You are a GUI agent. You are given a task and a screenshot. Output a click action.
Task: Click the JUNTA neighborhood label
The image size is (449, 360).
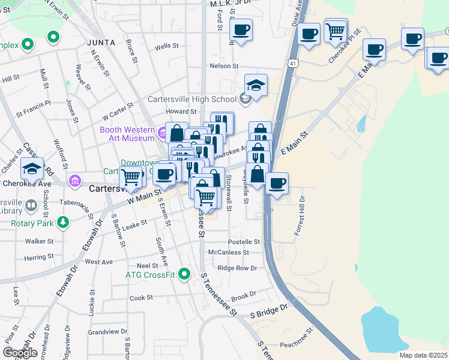point(100,43)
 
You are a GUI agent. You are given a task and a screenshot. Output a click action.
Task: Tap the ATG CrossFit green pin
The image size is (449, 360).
point(185,275)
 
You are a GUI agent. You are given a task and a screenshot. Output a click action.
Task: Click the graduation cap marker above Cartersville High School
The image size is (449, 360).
point(256,85)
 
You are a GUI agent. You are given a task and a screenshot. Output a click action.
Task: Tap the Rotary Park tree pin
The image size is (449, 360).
point(63,224)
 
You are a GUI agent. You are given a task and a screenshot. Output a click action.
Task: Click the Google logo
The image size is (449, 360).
point(20,353)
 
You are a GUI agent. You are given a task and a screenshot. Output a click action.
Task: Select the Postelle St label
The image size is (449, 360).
point(244,242)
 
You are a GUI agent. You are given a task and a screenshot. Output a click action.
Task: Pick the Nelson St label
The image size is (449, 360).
point(224,66)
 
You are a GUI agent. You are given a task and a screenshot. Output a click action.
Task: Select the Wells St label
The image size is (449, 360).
point(167,46)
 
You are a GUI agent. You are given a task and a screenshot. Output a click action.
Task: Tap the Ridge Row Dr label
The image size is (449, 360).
point(237,268)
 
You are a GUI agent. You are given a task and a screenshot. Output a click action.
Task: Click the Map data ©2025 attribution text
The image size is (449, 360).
point(423,355)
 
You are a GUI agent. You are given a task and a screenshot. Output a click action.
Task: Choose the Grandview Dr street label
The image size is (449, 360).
point(107,331)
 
